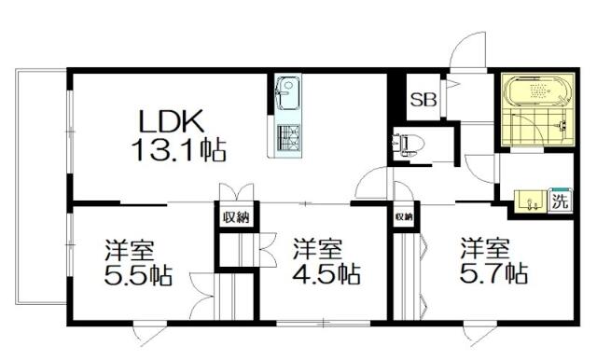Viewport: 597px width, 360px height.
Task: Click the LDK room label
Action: point(172,120)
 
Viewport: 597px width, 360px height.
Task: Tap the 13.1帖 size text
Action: point(178,150)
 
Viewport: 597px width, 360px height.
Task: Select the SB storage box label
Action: point(423,100)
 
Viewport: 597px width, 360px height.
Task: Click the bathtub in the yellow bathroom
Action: point(537,91)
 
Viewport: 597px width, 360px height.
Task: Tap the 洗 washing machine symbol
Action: point(560,201)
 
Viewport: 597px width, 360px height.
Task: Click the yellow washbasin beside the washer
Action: point(531,201)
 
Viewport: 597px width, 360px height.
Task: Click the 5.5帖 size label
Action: point(138,275)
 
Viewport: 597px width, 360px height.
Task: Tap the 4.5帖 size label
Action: point(326,274)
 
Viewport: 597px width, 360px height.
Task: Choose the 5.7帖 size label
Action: point(493,273)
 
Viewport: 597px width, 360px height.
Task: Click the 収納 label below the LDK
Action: point(236,217)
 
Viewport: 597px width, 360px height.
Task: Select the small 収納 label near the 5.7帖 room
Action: point(404,217)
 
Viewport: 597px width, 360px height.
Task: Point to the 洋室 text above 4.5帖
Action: point(317,249)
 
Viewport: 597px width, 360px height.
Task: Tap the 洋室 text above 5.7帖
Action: point(485,248)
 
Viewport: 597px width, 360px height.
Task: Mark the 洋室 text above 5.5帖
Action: point(130,250)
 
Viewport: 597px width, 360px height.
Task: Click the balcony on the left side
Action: point(41,187)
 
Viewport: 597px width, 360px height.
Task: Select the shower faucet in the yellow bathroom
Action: point(562,125)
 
